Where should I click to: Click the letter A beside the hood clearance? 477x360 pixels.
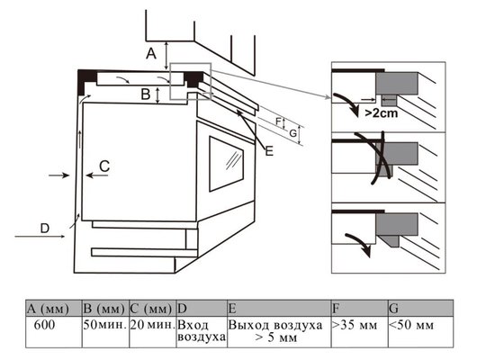click(151, 54)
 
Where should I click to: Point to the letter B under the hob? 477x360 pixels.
click(146, 94)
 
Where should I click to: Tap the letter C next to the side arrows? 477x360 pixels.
click(104, 166)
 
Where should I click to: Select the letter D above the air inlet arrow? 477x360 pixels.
click(45, 229)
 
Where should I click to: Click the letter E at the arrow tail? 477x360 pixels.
click(269, 151)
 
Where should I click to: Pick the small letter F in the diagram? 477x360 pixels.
click(278, 121)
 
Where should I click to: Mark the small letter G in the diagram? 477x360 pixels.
click(292, 133)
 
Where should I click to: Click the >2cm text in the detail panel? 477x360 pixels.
click(382, 113)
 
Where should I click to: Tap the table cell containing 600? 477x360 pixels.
click(53, 332)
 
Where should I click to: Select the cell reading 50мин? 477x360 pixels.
click(105, 332)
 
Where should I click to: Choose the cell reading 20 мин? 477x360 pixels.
click(153, 332)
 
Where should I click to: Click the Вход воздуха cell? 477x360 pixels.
click(202, 332)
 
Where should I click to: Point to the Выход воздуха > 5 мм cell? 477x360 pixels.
click(279, 332)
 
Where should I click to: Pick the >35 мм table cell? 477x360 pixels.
click(360, 332)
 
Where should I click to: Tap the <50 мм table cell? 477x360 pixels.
click(420, 332)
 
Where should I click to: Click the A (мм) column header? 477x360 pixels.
click(53, 309)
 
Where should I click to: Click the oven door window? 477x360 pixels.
click(226, 164)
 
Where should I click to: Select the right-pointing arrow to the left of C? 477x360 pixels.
click(59, 175)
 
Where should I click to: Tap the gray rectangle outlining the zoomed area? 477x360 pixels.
click(170, 81)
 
